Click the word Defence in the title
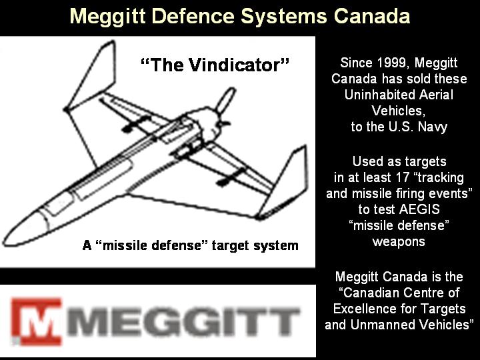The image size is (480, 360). (x=193, y=16)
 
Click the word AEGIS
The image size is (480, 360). (x=419, y=209)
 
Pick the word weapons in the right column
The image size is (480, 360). (x=399, y=242)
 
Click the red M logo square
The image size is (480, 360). (x=36, y=321)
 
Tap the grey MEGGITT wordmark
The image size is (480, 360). (x=183, y=322)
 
